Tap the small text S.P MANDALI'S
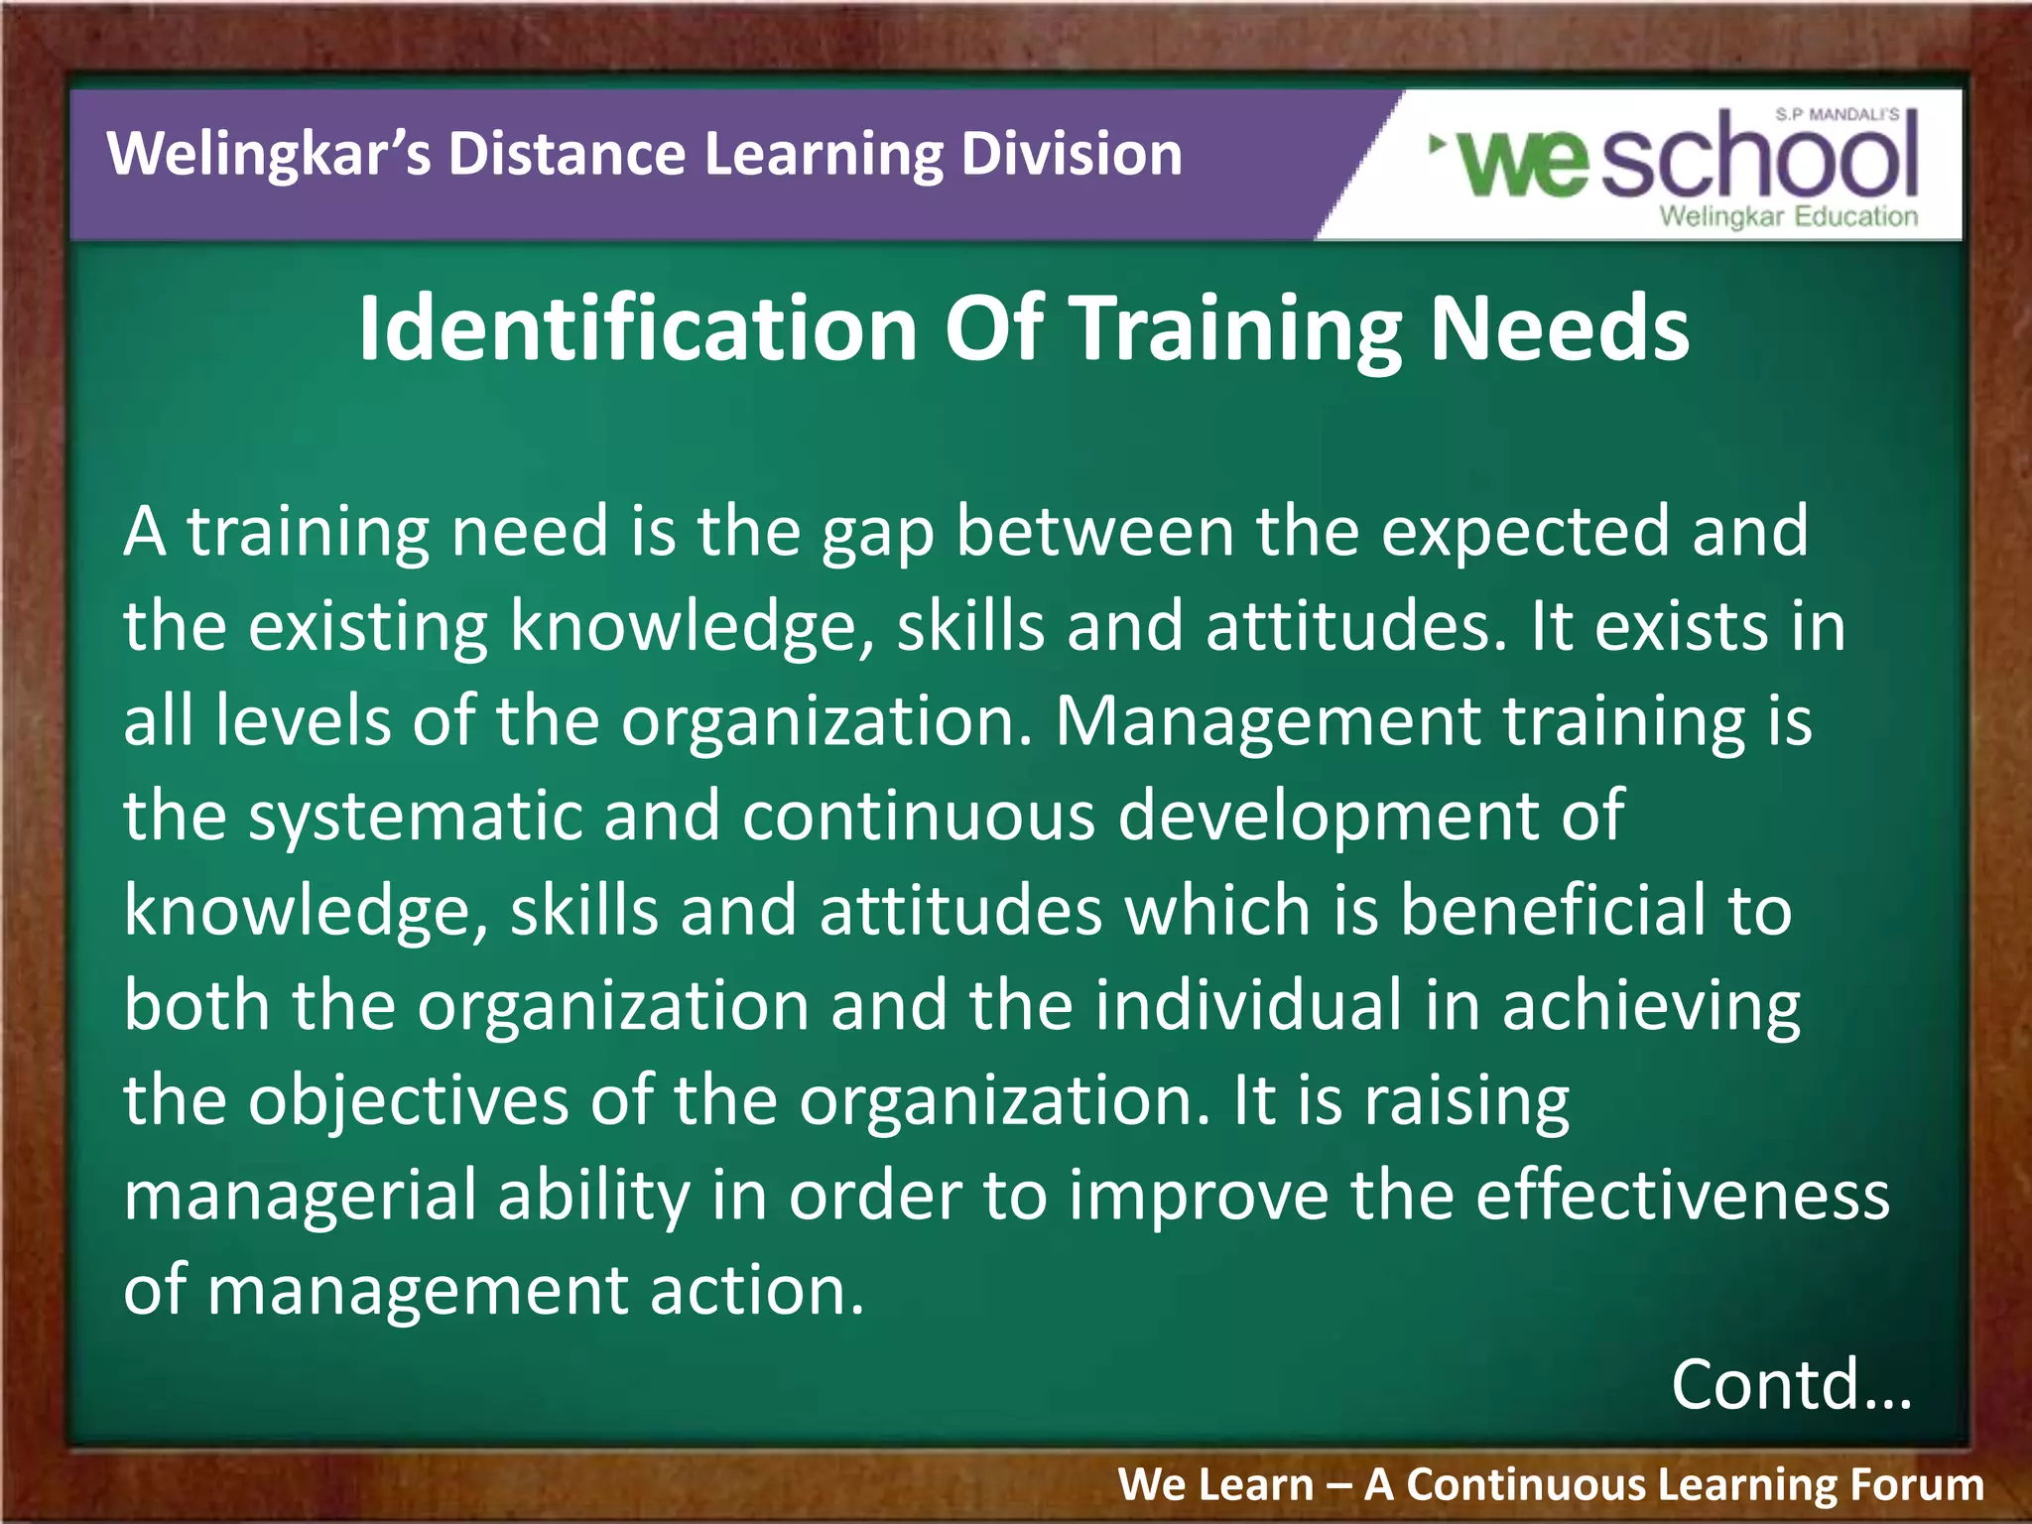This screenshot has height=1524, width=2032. pyautogui.click(x=1837, y=115)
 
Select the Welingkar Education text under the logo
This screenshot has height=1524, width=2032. pyautogui.click(x=1789, y=217)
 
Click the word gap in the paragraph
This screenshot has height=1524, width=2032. pyautogui.click(x=877, y=534)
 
